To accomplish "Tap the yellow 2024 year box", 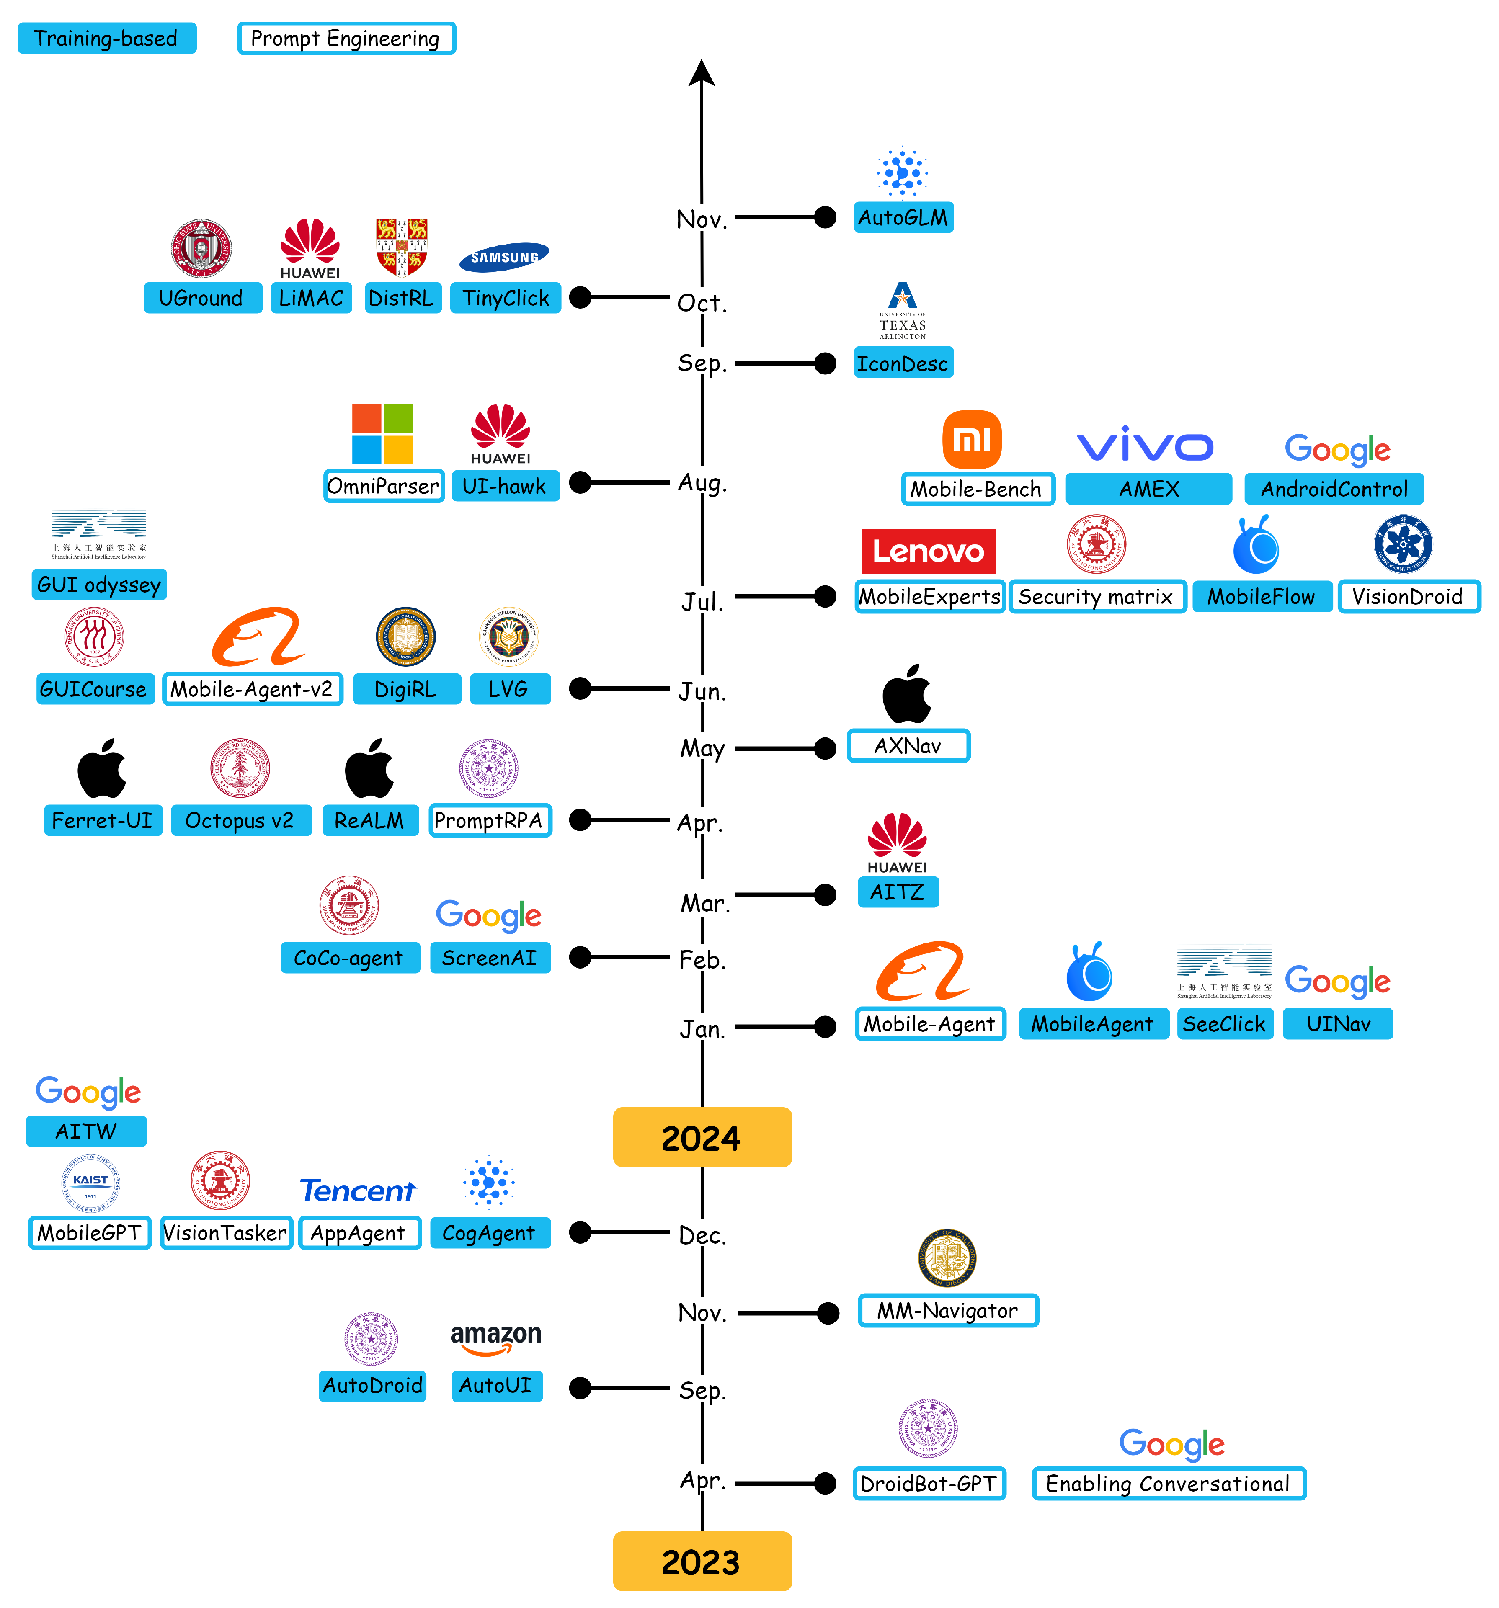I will pos(702,1136).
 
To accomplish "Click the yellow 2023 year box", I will pos(702,1560).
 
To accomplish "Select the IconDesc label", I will pos(903,363).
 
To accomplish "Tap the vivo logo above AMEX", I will pos(1145,445).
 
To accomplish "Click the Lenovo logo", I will pos(928,551).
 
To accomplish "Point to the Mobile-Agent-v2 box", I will pos(252,689).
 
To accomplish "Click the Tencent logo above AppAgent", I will pos(358,1191).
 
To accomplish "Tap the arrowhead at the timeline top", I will pos(702,73).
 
